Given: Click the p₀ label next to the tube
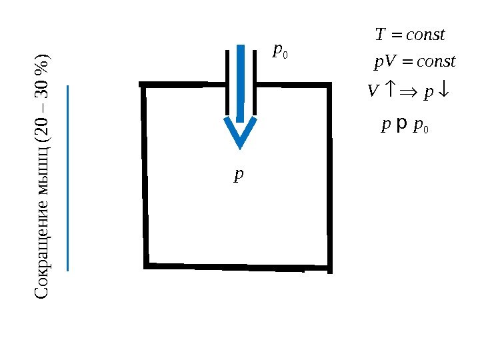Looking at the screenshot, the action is (x=280, y=52).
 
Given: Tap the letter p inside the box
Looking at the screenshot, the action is (x=239, y=175).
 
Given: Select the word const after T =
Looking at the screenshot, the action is (x=425, y=34).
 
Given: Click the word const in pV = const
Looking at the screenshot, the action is (x=435, y=63).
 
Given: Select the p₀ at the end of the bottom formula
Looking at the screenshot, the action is (x=421, y=125).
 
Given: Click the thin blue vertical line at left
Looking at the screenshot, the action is (x=68, y=177).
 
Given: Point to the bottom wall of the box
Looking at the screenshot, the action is (x=237, y=267).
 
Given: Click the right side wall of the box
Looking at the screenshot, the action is (x=329, y=177).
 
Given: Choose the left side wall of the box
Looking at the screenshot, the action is (x=144, y=175).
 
